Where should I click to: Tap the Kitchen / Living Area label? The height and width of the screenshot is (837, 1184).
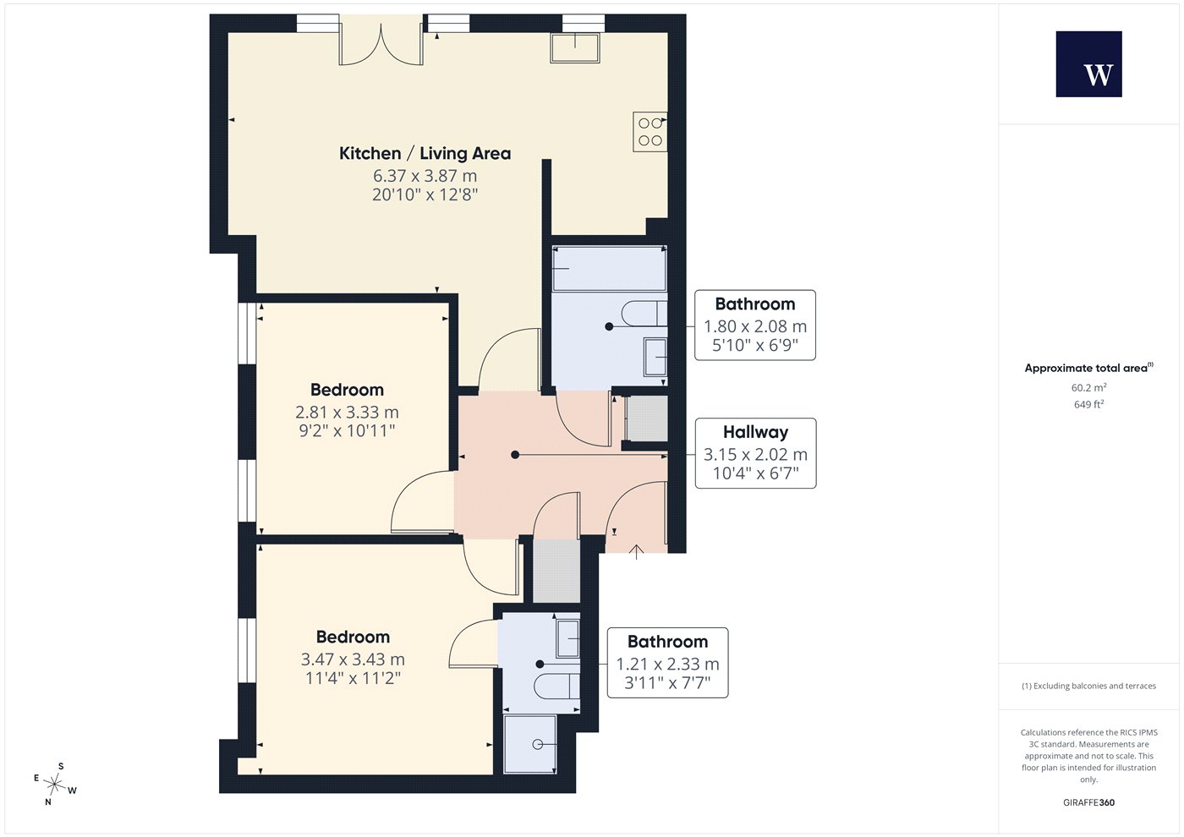pos(425,153)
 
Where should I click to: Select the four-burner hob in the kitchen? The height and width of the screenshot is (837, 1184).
pos(650,132)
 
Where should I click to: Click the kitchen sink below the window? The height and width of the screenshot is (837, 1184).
pos(574,48)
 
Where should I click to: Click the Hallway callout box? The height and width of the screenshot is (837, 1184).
pos(755,453)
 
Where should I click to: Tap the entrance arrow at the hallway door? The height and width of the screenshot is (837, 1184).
pos(636,551)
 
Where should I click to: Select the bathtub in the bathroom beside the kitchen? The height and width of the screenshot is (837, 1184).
pos(609,269)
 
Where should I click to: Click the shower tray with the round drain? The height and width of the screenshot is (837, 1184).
pos(530,744)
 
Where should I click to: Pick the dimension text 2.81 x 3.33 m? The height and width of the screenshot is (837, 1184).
pos(347,412)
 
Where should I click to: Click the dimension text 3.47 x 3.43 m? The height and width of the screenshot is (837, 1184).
pos(353,659)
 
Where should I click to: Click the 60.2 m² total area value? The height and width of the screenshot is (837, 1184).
pos(1089,387)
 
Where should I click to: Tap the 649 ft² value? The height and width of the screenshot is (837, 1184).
pos(1089,404)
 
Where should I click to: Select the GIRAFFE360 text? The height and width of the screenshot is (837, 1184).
pos(1089,802)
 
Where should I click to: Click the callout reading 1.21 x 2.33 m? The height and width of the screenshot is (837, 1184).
pos(667,663)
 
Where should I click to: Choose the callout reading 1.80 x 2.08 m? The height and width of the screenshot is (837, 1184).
pos(754,325)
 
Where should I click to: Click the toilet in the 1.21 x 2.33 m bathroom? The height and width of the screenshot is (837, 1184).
pos(556,687)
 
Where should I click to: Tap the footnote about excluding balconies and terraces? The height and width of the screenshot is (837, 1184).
pos(1089,686)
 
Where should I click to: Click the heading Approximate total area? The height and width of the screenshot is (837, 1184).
pos(1089,368)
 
